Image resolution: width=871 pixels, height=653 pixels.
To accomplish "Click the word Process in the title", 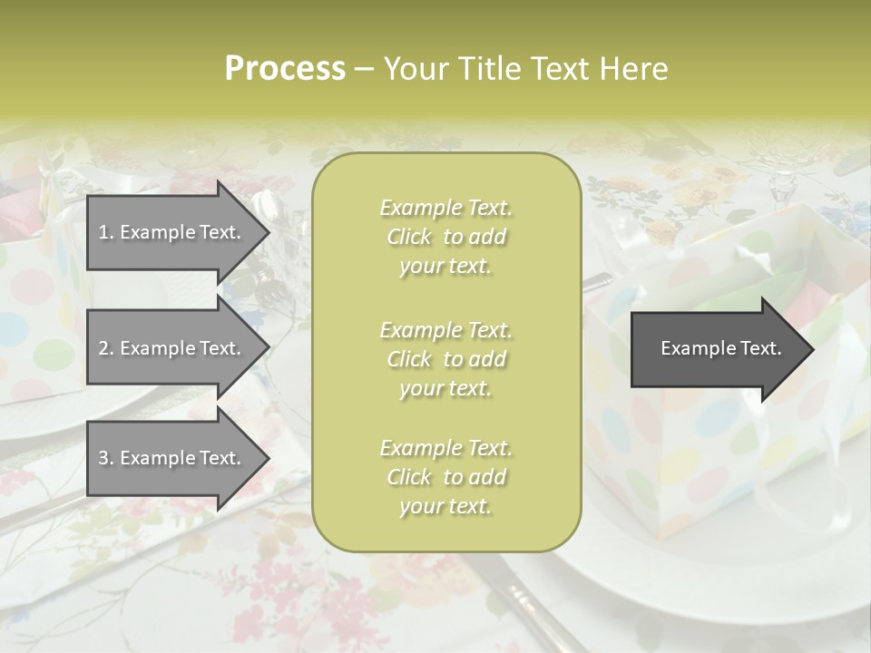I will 285,69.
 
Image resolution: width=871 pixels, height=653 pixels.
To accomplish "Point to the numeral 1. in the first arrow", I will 105,232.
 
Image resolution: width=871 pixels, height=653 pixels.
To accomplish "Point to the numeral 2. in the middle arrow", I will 105,348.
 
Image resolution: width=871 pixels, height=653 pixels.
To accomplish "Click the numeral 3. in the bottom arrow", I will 105,458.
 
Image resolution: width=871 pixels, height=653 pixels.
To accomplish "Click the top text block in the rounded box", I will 445,237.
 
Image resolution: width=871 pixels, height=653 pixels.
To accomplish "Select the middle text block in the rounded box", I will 445,359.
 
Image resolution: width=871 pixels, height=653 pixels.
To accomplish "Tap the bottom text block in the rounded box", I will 445,477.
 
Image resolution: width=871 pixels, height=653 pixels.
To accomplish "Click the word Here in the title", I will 632,69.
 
